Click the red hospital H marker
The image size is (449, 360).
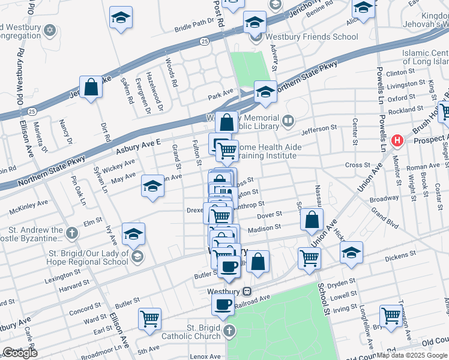pos(396,141)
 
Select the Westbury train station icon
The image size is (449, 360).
pos(247,291)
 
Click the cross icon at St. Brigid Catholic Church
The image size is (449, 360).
pos(228,331)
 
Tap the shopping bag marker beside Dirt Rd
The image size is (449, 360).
pos(91,88)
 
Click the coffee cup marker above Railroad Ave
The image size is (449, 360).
pos(223,304)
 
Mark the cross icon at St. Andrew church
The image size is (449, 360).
pos(71,232)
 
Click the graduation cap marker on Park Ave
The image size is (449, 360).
pos(265,92)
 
